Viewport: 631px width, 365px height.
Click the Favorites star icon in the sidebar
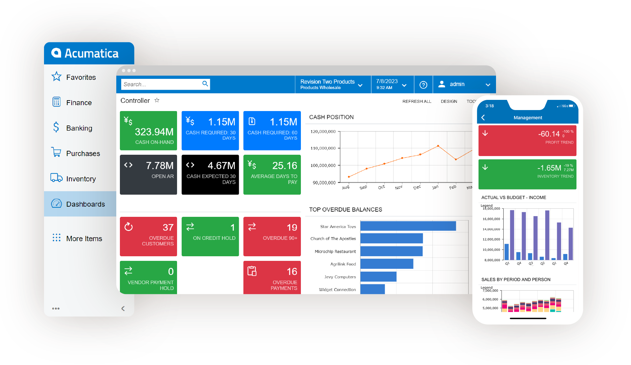pyautogui.click(x=56, y=77)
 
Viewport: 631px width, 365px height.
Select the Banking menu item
pyautogui.click(x=79, y=128)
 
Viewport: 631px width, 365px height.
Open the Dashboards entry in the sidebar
pyautogui.click(x=85, y=204)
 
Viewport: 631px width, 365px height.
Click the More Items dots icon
pyautogui.click(x=56, y=238)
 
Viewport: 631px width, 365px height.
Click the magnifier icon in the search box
pyautogui.click(x=205, y=84)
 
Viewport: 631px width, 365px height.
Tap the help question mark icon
pyautogui.click(x=423, y=85)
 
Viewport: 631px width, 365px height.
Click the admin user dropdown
pyautogui.click(x=464, y=84)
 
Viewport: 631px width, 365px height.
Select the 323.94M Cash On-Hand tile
pyautogui.click(x=148, y=131)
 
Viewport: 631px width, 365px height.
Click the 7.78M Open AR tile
pyautogui.click(x=148, y=174)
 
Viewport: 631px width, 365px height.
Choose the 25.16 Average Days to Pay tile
pyautogui.click(x=272, y=174)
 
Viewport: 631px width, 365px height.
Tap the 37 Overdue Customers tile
pyautogui.click(x=148, y=236)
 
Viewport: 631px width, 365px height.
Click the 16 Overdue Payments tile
pyautogui.click(x=272, y=277)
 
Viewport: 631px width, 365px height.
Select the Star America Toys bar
pyautogui.click(x=408, y=226)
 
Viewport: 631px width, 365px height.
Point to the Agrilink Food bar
pyautogui.click(x=387, y=264)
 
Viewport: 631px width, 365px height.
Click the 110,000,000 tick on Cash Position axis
pyautogui.click(x=323, y=148)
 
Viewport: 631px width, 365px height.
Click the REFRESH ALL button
pyautogui.click(x=417, y=102)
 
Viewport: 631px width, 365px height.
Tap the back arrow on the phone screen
pyautogui.click(x=483, y=118)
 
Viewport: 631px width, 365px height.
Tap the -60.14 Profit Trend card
pyautogui.click(x=527, y=140)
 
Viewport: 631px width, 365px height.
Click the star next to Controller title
pyautogui.click(x=157, y=100)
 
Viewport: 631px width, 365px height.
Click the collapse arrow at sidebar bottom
pyautogui.click(x=123, y=308)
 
